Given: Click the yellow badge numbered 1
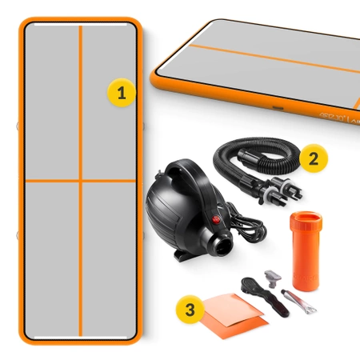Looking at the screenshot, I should [x=121, y=92].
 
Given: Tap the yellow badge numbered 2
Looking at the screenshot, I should [x=313, y=157].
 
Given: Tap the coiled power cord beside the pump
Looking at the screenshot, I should [x=244, y=220].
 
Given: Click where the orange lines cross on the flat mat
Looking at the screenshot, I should [x=80, y=182].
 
